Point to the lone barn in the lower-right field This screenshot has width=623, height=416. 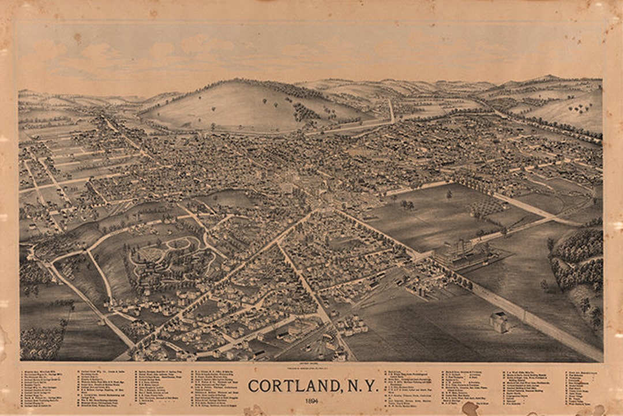[500, 322]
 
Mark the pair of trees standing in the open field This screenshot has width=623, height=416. [408, 205]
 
